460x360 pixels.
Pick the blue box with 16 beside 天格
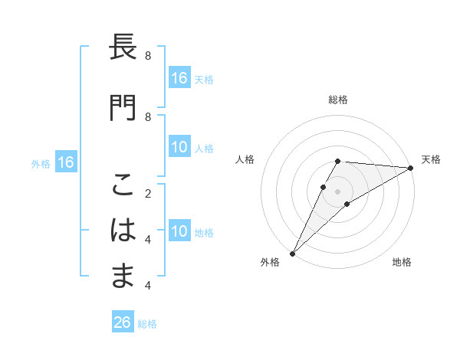(179, 78)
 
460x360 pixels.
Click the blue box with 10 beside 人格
(179, 148)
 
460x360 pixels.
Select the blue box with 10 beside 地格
(179, 232)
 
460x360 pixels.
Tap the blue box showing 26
(123, 322)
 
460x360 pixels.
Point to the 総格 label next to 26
(147, 324)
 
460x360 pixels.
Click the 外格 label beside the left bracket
(41, 163)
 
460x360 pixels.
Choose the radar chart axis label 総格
(337, 100)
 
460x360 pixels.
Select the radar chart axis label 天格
(431, 159)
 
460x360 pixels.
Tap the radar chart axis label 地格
(402, 263)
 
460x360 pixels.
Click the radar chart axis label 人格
(245, 159)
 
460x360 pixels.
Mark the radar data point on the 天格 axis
(411, 168)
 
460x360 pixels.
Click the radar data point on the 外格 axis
(292, 253)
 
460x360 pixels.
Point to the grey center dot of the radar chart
(337, 191)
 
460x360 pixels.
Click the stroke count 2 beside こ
(147, 195)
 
